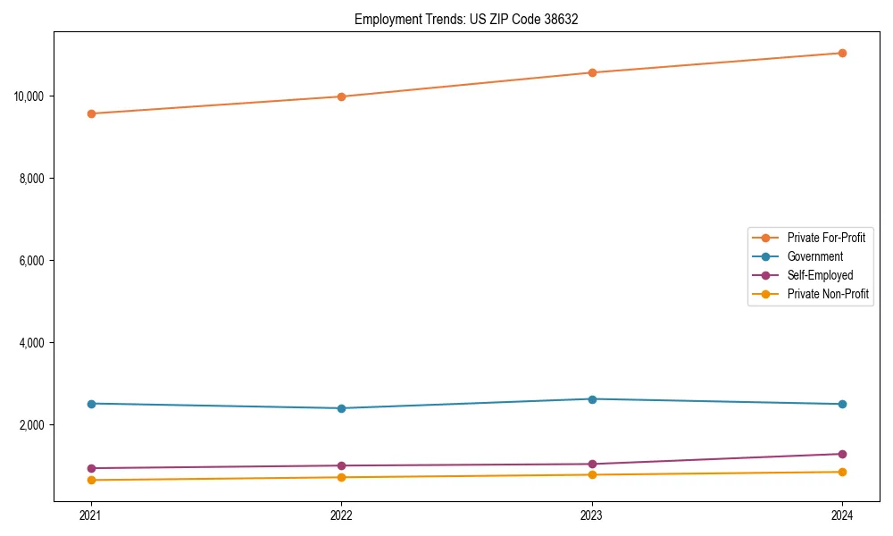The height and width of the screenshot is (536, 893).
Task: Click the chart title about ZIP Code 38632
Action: (x=466, y=19)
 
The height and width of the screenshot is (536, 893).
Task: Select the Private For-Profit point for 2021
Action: (x=91, y=113)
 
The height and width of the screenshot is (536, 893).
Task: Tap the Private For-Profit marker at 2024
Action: (x=842, y=53)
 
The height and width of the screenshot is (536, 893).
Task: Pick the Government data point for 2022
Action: (x=341, y=408)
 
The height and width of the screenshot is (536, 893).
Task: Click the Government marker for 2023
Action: (x=592, y=399)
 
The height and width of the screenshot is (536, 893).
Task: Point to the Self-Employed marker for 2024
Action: (x=842, y=454)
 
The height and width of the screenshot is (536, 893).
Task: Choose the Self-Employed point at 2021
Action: (x=91, y=468)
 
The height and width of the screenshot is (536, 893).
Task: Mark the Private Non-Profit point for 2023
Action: (x=592, y=474)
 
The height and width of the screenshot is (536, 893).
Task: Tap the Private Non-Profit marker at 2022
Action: (x=341, y=477)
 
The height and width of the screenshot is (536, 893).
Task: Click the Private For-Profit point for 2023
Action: (x=592, y=72)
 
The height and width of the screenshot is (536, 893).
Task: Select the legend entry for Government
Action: (x=814, y=256)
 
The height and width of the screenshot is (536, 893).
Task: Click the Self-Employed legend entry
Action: (x=820, y=275)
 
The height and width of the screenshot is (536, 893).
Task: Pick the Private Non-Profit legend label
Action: (x=828, y=294)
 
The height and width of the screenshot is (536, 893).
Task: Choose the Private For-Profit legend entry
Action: (x=825, y=238)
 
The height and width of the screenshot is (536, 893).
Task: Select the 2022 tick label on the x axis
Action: (x=341, y=515)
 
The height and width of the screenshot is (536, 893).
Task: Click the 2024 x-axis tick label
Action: (x=842, y=515)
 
